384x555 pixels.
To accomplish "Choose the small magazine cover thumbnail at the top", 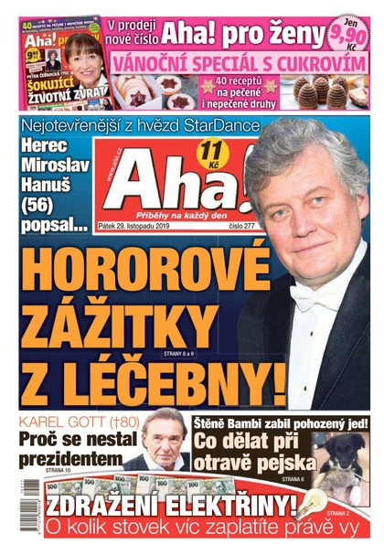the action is coord(61,59).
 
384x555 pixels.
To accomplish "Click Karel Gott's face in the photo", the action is coord(165,445).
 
